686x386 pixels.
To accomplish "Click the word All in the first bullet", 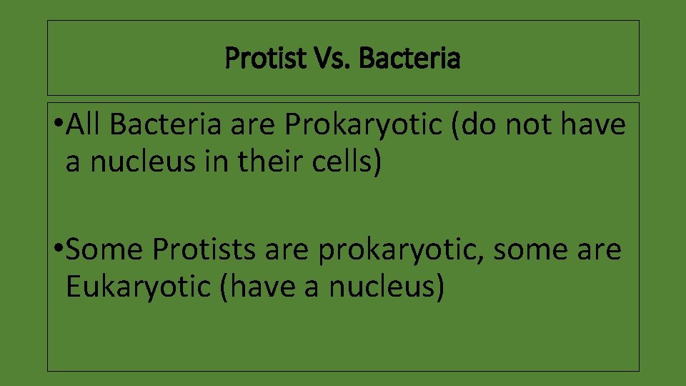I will pyautogui.click(x=86, y=125).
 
